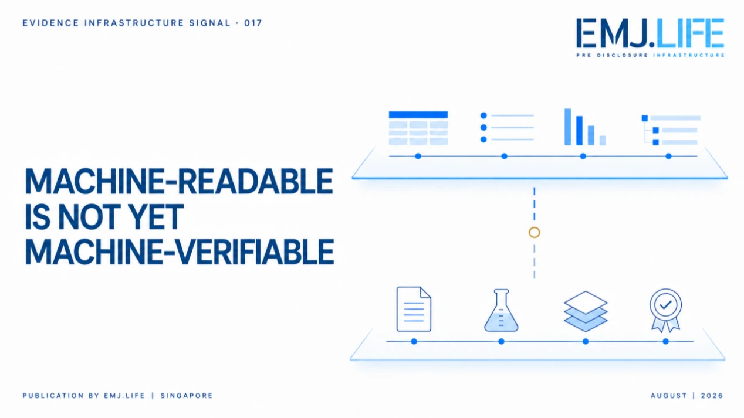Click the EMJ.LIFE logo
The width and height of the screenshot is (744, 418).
click(x=650, y=38)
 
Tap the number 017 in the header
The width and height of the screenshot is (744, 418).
click(x=253, y=23)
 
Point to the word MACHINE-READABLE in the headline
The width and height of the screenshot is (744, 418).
click(x=179, y=181)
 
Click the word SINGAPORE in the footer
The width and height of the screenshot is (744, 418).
click(x=187, y=396)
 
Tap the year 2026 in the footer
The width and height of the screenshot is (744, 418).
click(x=712, y=396)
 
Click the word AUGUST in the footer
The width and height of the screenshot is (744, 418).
click(x=669, y=396)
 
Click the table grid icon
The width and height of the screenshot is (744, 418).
click(x=418, y=128)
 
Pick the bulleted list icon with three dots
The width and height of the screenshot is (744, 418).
click(x=507, y=127)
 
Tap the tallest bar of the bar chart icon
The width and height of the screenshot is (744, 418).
click(x=567, y=127)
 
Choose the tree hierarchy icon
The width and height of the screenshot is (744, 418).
click(x=671, y=130)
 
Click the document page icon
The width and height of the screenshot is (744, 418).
click(x=414, y=309)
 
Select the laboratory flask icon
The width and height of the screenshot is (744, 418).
click(x=501, y=310)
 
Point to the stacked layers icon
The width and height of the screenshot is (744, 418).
click(x=586, y=311)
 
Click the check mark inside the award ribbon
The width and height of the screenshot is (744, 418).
click(x=665, y=304)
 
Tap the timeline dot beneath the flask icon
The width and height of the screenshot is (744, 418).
click(x=502, y=341)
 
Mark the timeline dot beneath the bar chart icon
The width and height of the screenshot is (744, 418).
click(x=583, y=157)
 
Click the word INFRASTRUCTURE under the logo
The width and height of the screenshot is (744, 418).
click(x=688, y=55)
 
